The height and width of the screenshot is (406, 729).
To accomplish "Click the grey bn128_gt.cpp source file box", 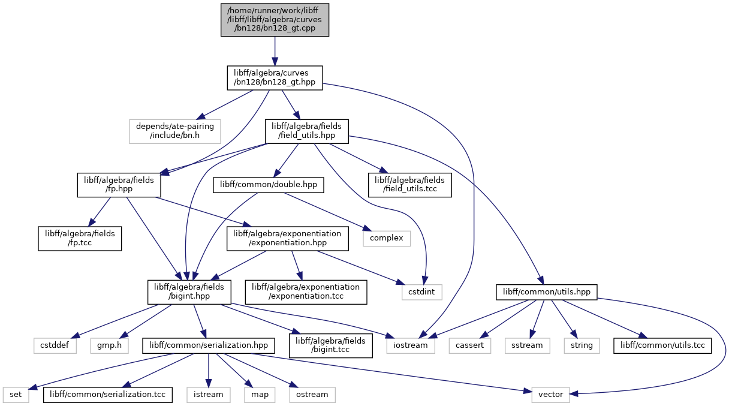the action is (x=275, y=20).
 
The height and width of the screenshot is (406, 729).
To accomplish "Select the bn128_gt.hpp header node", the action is (x=275, y=78).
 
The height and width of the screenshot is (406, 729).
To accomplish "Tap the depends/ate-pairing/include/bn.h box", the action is (x=175, y=131).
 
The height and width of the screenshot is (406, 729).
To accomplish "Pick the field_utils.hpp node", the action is (x=306, y=131).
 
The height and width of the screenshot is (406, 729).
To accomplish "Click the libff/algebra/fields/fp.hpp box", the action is (x=119, y=185).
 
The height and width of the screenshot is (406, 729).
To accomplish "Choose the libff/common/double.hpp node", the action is (x=268, y=185).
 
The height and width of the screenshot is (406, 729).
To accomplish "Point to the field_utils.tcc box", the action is (x=409, y=185).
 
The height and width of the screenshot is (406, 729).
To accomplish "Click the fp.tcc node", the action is (x=80, y=239).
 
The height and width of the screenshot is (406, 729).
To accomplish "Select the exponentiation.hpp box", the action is (x=287, y=239).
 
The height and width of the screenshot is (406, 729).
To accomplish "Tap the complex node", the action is (x=387, y=239).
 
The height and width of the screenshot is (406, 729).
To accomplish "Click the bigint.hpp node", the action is (x=189, y=292).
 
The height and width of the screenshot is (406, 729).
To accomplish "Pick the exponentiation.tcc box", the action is (x=306, y=292).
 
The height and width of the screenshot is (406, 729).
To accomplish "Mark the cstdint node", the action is (x=422, y=292).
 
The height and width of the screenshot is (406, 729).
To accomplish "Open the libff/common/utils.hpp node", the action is (x=546, y=292).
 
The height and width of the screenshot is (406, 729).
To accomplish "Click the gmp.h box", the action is (x=109, y=346).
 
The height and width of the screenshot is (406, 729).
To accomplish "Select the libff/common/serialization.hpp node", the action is (x=208, y=346).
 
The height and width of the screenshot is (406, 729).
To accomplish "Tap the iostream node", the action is (x=411, y=346).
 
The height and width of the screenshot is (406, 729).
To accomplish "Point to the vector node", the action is (x=551, y=395).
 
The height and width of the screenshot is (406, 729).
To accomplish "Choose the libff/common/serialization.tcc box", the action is (x=108, y=395).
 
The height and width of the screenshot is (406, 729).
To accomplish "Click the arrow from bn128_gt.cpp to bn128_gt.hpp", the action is (x=275, y=51).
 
